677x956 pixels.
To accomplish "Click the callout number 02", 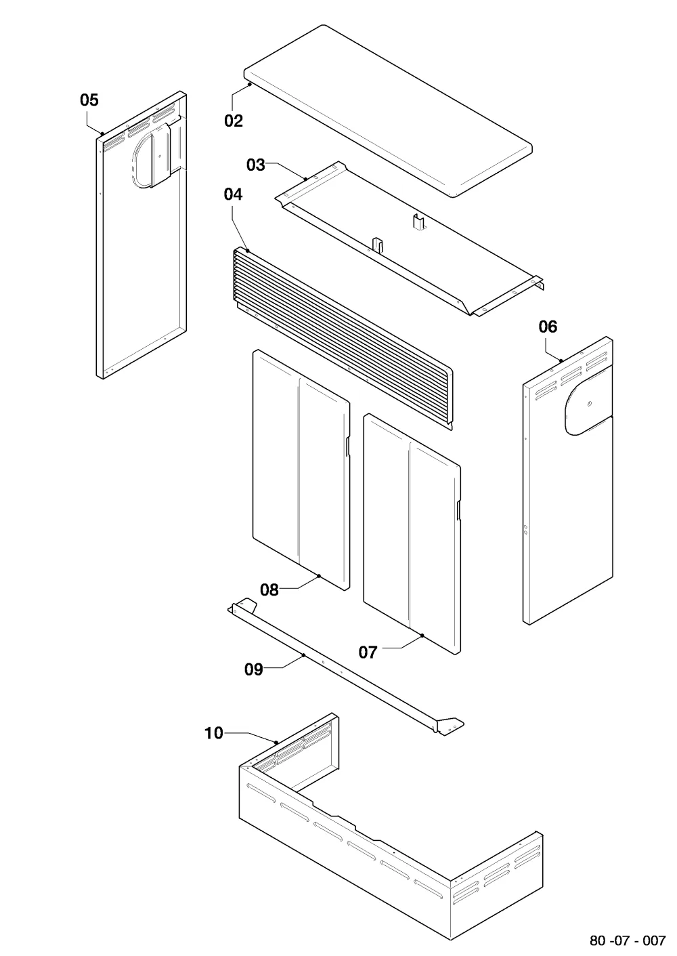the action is coord(234,121).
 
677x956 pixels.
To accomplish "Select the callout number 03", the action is coord(256,165).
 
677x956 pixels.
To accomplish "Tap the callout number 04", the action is coord(233,194).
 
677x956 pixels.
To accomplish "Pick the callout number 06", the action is coord(548,327).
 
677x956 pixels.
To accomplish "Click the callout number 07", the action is coord(368,652).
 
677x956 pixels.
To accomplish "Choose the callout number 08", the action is coord(269,590).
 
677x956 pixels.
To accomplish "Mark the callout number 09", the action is coord(254,669).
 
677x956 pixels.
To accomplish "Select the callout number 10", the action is coord(214,733).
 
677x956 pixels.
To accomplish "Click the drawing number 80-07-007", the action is coord(628,940).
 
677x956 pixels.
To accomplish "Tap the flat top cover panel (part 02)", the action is coord(388,111).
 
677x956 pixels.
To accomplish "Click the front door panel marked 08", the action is coord(301,470).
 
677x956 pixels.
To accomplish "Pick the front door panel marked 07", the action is coord(412,533).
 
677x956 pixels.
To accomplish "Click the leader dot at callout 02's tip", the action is coord(249,85).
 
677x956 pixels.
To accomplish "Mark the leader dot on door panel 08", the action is coord(319,576).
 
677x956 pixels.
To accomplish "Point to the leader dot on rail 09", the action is coord(303,654).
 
